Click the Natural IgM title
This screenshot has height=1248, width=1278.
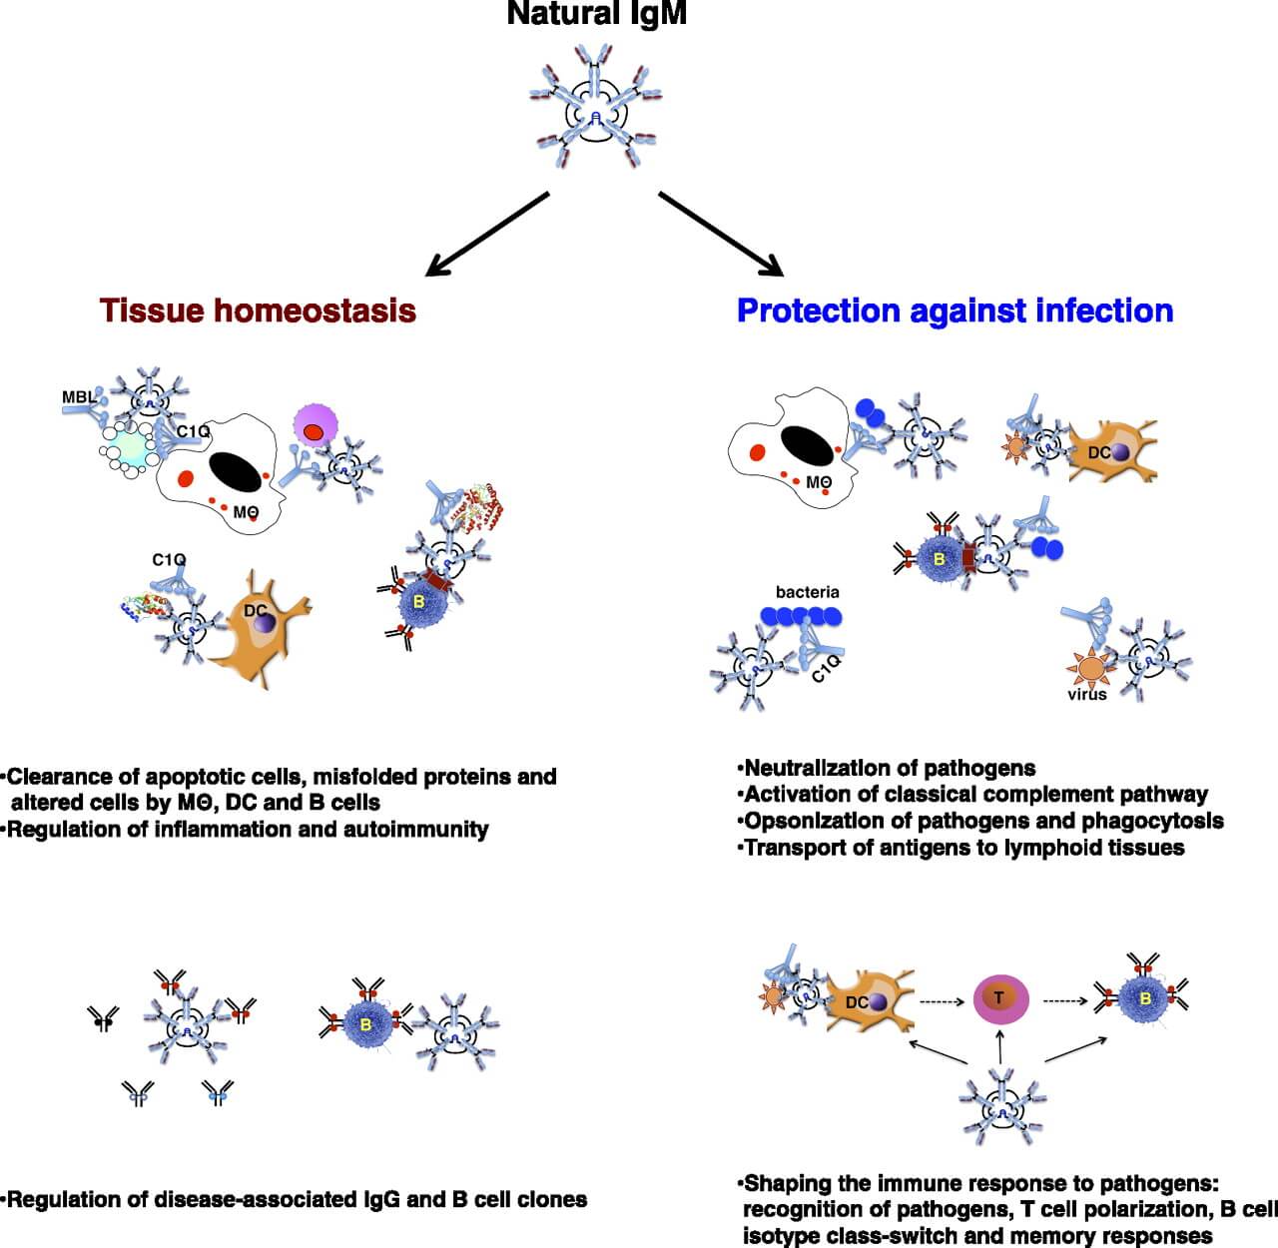596,14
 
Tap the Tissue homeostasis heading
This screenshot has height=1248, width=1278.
258,311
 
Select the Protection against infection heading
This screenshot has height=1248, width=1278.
955,311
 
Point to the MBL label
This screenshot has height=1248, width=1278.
79,397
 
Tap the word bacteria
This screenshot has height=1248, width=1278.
807,592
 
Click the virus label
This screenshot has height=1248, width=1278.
1086,695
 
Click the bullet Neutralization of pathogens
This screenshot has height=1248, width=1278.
889,769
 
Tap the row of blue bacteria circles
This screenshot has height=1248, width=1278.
807,617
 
